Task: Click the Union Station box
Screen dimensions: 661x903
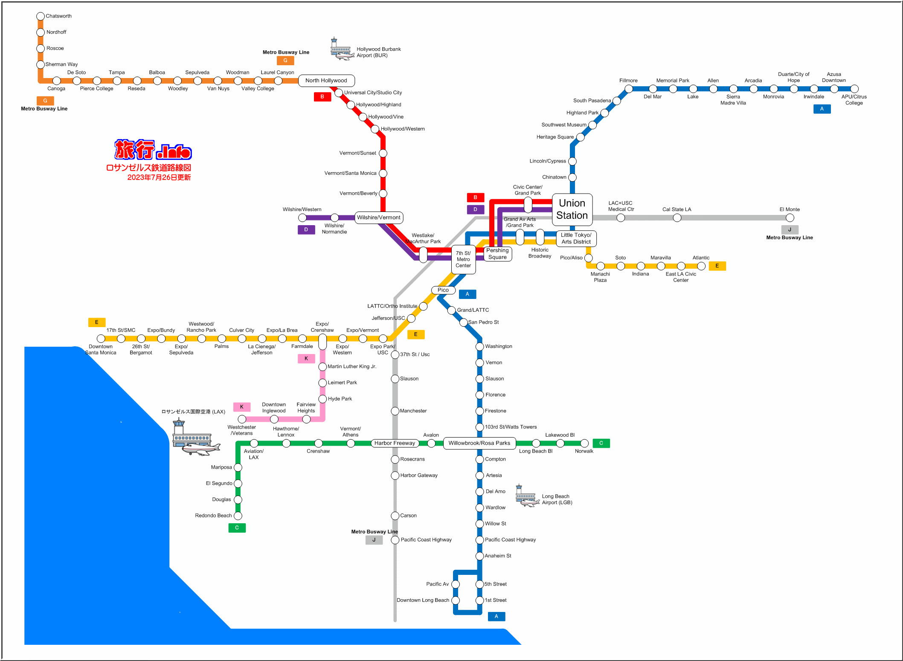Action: (572, 209)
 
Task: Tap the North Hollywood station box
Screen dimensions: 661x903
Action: (326, 81)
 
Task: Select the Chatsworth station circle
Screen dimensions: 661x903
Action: (41, 16)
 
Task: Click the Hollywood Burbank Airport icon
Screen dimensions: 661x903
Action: (341, 49)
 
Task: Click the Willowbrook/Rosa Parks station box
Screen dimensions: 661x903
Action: (479, 443)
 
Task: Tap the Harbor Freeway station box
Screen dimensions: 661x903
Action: (395, 443)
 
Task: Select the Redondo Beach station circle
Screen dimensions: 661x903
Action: (238, 516)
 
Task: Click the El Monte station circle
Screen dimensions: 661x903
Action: (790, 218)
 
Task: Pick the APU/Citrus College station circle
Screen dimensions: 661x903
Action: (854, 89)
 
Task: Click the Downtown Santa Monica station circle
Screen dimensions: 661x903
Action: (101, 339)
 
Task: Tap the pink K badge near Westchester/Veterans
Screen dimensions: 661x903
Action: (242, 407)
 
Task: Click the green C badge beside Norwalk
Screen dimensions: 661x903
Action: (601, 443)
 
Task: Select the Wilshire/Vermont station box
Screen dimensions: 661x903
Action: (378, 217)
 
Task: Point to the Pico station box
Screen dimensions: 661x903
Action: (443, 290)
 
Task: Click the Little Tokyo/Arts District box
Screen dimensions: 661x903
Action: (576, 238)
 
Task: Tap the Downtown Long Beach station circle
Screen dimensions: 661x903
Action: (456, 600)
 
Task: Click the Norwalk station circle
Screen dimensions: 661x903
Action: (584, 444)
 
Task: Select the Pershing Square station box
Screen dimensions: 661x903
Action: (497, 254)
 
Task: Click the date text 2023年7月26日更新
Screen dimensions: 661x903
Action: (159, 177)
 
